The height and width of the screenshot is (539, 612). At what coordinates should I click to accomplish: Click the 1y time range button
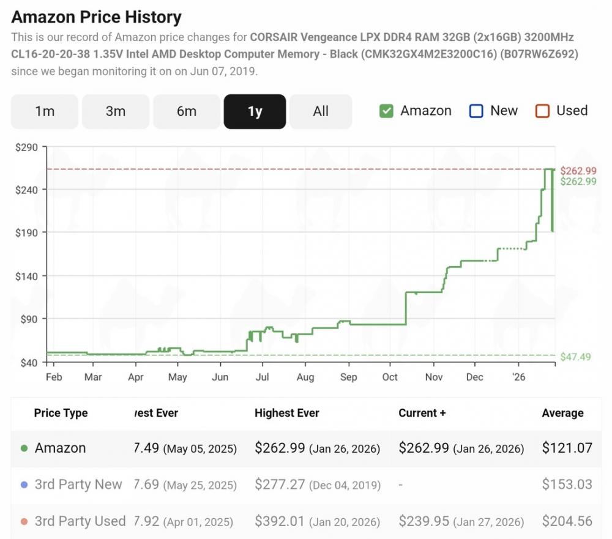tap(255, 111)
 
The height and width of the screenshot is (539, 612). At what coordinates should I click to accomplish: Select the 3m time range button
tap(116, 111)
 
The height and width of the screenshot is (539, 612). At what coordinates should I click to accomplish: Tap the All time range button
tap(321, 111)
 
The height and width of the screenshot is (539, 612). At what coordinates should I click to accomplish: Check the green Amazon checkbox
tap(386, 111)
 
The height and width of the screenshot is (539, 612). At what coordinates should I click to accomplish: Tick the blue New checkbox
tap(476, 111)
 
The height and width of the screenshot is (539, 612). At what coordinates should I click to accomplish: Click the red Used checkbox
tap(542, 111)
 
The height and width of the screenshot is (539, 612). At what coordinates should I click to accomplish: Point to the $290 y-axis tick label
tap(26, 147)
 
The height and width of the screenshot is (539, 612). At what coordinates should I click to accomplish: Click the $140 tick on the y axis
tap(26, 276)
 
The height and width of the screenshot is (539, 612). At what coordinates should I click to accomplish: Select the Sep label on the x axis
tap(348, 377)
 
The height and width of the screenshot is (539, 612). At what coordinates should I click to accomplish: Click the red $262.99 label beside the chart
tap(578, 171)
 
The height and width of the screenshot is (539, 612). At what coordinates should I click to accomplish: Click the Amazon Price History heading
tap(97, 17)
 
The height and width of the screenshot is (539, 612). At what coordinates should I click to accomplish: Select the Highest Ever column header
tap(287, 413)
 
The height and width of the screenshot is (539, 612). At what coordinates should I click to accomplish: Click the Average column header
tap(562, 413)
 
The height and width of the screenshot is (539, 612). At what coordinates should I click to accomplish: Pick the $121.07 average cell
tap(567, 448)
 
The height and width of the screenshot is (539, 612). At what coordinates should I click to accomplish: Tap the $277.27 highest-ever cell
tap(280, 485)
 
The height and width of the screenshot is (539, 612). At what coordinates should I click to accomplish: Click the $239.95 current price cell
tap(424, 521)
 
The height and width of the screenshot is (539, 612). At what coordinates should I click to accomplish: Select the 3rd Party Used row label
tap(80, 521)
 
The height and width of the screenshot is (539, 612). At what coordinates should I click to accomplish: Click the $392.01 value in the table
tap(280, 521)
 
